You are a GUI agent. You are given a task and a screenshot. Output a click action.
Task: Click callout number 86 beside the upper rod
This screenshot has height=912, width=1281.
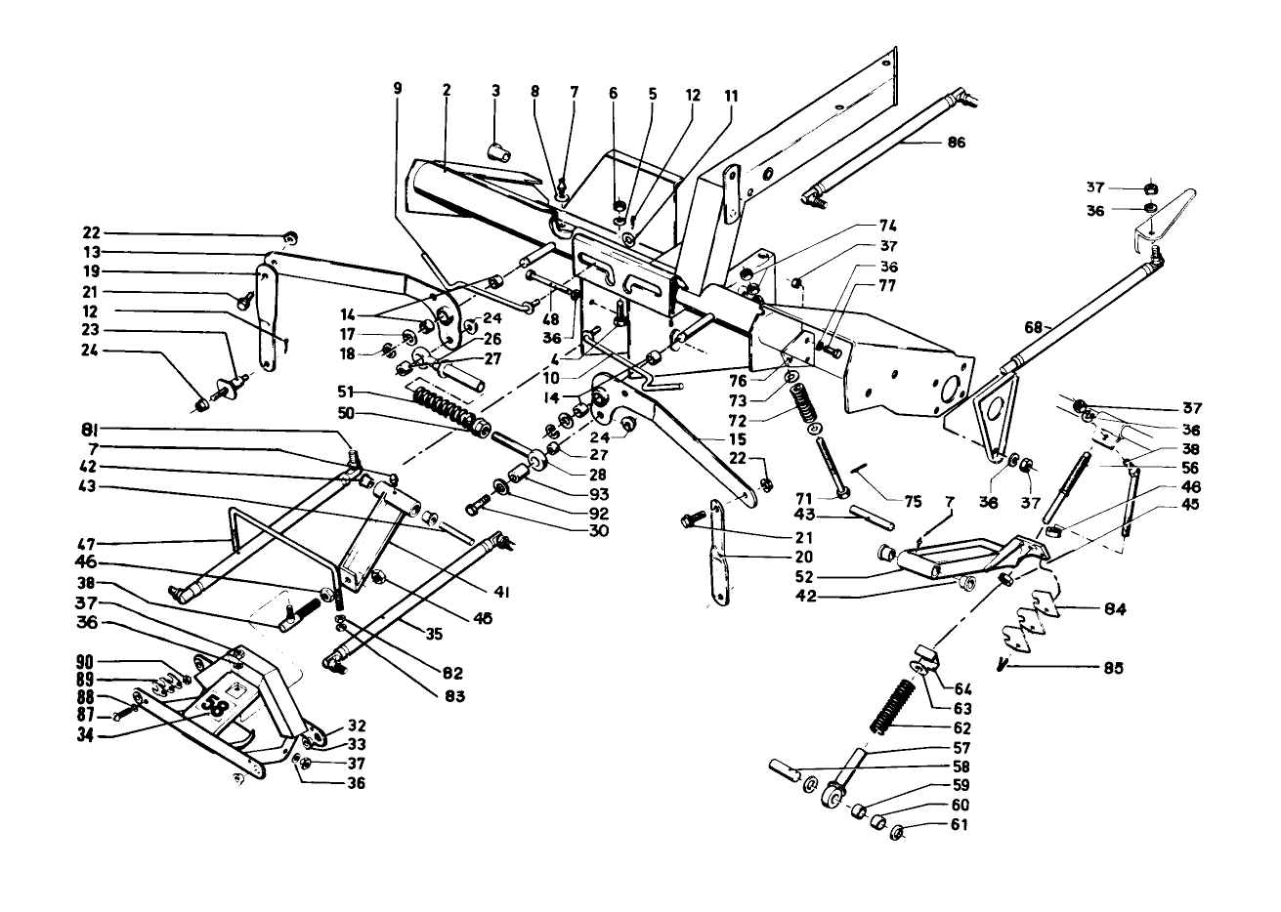point(955,143)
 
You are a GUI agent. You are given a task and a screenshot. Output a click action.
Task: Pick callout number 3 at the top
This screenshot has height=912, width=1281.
point(495,91)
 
